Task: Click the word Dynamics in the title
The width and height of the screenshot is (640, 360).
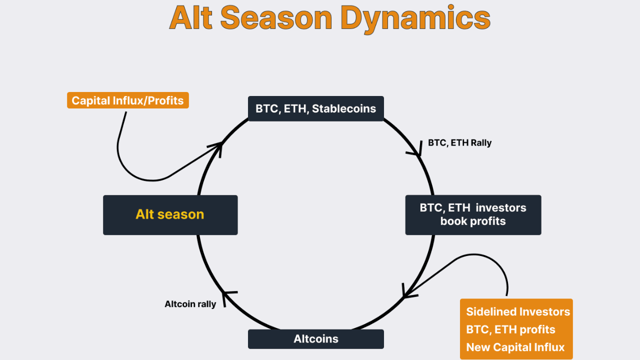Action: (x=415, y=18)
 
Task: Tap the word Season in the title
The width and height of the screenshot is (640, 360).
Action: (x=276, y=18)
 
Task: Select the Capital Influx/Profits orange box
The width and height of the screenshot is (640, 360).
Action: (x=127, y=100)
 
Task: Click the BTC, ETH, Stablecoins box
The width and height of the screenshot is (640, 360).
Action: (x=315, y=108)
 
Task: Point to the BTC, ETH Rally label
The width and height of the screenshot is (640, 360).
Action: (x=459, y=143)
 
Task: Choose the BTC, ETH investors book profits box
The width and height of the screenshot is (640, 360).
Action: (x=473, y=214)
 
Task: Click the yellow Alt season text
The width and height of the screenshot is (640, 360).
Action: (x=170, y=214)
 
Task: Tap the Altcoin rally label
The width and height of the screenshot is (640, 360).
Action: (x=190, y=304)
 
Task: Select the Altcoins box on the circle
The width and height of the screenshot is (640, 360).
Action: (x=315, y=338)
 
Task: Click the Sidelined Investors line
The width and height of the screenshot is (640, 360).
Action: (x=517, y=312)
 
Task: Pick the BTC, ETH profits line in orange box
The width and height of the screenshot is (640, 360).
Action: (x=510, y=329)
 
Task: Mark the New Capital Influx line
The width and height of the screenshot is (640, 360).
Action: (x=515, y=347)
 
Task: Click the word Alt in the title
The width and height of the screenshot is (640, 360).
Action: (x=190, y=18)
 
